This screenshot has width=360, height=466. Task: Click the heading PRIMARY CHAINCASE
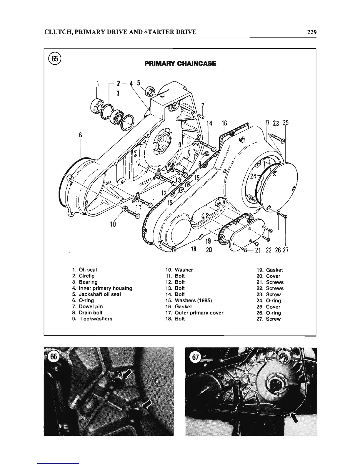coord(180,63)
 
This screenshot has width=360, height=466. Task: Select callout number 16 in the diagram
coord(224,123)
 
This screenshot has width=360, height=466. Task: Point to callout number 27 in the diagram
coord(285,250)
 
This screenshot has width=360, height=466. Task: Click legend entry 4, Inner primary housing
coord(102,288)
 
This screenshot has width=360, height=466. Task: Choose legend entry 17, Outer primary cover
coord(194,313)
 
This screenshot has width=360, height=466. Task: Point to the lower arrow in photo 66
coord(146,406)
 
